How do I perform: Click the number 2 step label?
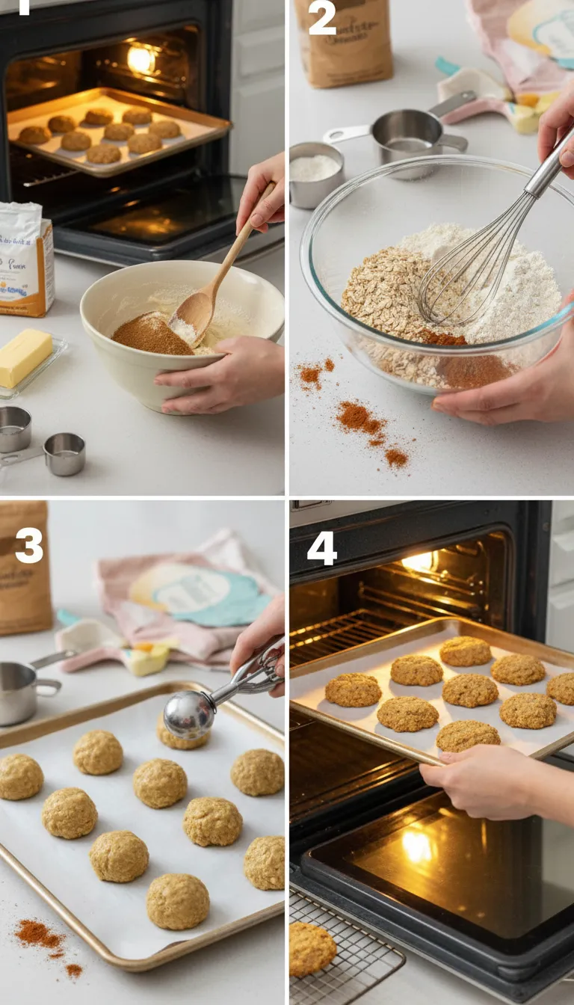(322, 20)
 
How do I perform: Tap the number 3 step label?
(29, 547)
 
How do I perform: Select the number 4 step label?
(321, 549)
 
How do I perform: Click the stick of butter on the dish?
(25, 357)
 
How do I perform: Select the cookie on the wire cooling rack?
(311, 947)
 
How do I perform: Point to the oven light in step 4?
(419, 561)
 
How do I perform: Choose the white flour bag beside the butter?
(25, 258)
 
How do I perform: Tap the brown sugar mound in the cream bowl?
(152, 335)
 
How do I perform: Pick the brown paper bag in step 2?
(344, 40)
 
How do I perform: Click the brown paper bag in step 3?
(25, 568)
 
